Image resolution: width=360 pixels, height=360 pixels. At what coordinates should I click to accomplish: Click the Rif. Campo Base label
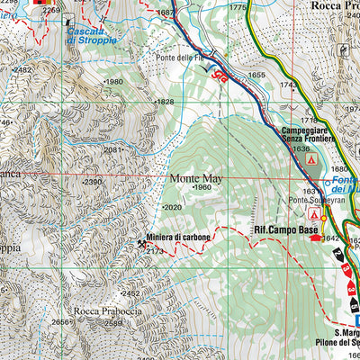tap(286, 230)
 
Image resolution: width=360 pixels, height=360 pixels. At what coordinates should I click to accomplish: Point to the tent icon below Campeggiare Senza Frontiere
tap(311, 159)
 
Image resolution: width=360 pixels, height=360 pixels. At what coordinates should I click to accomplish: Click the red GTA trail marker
tap(217, 76)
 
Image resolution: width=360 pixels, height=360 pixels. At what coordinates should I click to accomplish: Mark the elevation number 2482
tap(22, 69)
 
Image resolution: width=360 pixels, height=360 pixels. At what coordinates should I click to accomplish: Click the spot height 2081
tap(113, 150)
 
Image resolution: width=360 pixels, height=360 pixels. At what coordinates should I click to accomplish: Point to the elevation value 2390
tap(92, 182)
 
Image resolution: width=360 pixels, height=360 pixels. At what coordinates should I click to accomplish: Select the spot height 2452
tap(131, 293)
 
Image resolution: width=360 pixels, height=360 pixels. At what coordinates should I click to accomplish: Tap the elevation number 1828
tap(164, 102)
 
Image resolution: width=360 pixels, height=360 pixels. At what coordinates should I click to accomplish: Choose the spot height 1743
tap(288, 85)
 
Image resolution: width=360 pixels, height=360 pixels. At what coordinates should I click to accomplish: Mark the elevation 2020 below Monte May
tap(173, 207)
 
